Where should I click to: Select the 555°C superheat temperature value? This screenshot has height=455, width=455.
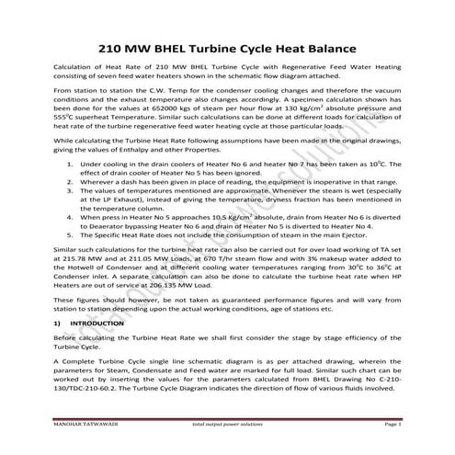pos(65,117)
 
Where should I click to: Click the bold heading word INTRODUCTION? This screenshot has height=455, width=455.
pos(97,324)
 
